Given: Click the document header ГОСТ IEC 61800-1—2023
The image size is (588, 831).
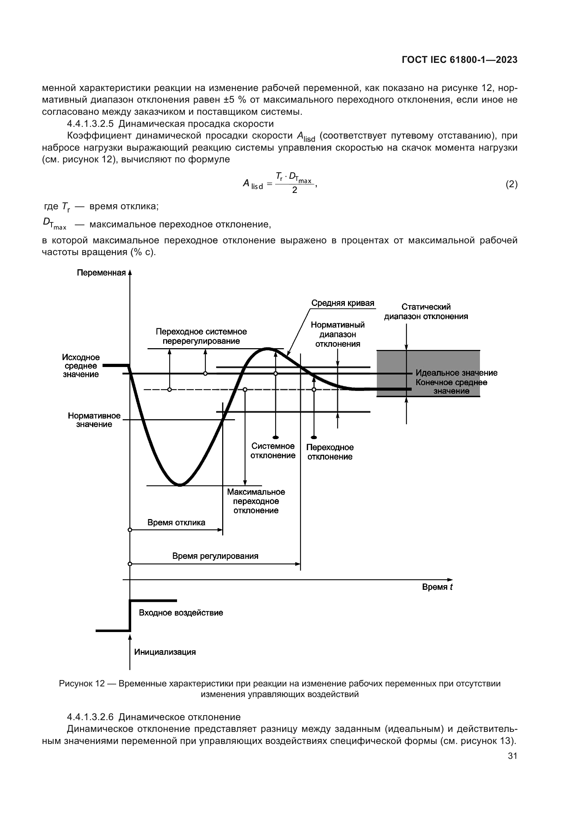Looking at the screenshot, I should pos(459,60).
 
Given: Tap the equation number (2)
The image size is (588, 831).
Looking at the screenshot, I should pos(511,185).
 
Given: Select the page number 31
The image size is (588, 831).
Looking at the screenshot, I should pos(512,756).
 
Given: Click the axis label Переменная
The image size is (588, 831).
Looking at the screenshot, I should pos(101,273).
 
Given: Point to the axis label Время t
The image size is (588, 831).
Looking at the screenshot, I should pos(437,587).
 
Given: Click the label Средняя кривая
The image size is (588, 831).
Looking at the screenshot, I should pos(342,303).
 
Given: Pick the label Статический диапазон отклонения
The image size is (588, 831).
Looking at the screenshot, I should pos(426,312).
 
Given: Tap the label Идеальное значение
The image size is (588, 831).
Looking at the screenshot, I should pos(456,373).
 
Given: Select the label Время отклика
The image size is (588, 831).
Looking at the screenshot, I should pos(176,523).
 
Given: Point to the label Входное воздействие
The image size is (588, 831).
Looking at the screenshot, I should pos(181,613).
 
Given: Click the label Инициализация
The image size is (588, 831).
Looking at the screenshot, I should pos(165,652).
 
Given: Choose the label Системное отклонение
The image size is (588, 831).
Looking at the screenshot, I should pos(273,451).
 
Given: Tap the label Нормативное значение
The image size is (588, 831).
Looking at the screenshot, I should pos(94,420).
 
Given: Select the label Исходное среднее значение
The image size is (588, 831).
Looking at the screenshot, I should pos(81,366).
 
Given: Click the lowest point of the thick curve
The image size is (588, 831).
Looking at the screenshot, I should pos(180,485).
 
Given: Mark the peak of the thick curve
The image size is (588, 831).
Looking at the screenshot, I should pos(267,349).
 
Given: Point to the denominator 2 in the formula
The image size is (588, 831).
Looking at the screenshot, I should pos(294,190).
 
